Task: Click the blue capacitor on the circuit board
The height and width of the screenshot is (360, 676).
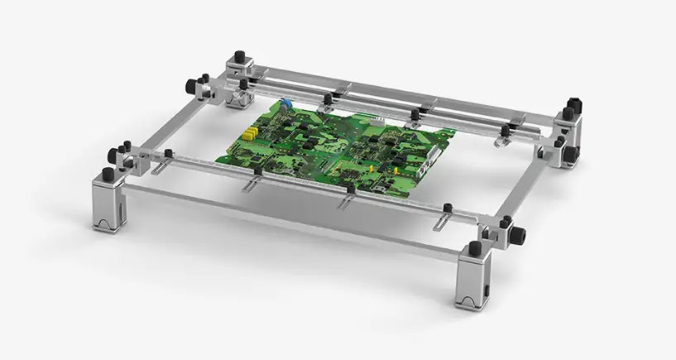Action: tap(284, 105)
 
